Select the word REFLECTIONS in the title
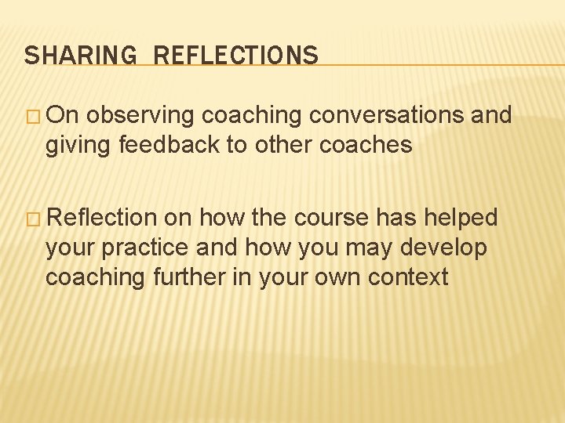236,56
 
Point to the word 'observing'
141,116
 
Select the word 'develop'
444,248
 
